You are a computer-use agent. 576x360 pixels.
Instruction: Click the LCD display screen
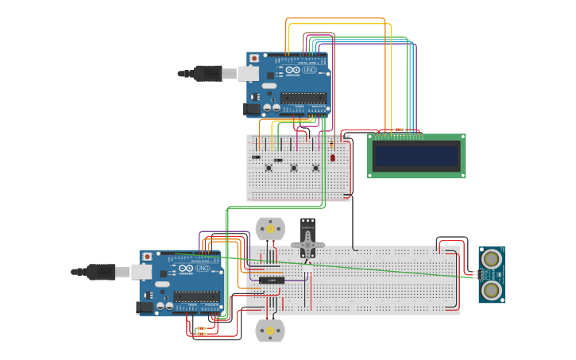tap(416, 156)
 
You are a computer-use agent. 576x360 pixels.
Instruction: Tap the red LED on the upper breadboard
tap(333, 157)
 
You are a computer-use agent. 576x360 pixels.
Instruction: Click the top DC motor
tap(269, 229)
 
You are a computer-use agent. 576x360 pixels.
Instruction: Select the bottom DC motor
tap(269, 330)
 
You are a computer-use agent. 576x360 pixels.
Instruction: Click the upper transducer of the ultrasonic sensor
tap(492, 258)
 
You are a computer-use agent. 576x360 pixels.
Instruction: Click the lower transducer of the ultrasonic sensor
tap(492, 289)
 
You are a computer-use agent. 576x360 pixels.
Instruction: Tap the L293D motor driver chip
tap(273, 280)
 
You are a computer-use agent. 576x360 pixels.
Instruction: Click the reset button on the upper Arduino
tap(254, 58)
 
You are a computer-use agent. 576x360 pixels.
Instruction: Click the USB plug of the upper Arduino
tap(208, 73)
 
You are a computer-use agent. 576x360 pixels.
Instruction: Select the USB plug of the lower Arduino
tap(102, 272)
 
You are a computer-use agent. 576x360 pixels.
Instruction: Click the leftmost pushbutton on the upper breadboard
tap(269, 167)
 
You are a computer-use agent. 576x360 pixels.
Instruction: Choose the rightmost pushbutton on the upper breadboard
tap(315, 167)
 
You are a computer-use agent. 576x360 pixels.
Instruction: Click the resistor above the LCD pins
tap(399, 129)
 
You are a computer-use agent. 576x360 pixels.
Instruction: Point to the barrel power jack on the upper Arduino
tap(252, 108)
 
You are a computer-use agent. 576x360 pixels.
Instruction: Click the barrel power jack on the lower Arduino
tap(145, 307)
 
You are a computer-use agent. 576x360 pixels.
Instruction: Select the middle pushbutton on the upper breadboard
tap(293, 167)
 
